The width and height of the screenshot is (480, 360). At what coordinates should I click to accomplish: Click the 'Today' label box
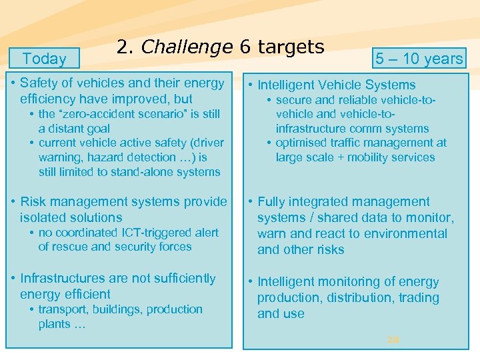(44, 59)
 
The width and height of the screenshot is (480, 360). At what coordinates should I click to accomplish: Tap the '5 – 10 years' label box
(419, 59)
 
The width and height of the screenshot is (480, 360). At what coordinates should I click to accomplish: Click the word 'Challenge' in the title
(187, 47)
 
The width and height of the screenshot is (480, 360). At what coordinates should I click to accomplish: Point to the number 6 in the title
(245, 47)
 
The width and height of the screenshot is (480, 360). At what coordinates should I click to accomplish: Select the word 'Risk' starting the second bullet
(33, 201)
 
